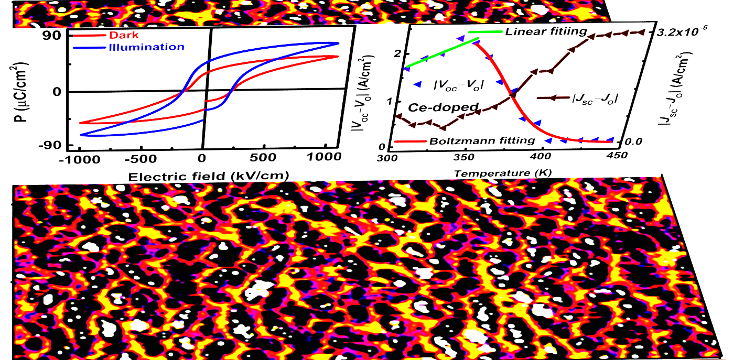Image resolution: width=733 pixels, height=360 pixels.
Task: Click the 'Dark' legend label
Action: coord(120,36)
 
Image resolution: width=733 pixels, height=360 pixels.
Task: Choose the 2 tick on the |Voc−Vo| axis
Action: coord(396,53)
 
